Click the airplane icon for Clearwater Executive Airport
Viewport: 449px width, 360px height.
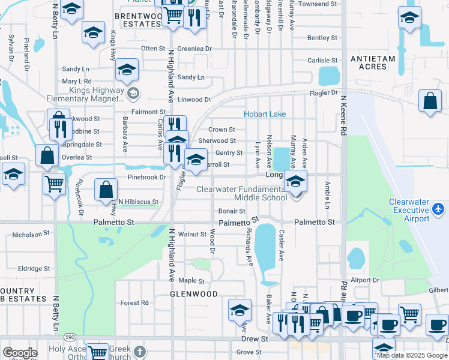[439, 209]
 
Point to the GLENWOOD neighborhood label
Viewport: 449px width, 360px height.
[193, 295]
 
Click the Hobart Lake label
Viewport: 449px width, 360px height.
[264, 114]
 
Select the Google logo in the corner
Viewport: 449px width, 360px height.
[20, 353]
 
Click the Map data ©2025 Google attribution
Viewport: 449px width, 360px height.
[412, 355]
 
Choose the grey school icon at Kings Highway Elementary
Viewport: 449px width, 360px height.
[133, 92]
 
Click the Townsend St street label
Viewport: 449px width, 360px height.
[318, 4]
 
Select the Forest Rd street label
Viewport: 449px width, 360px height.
[134, 303]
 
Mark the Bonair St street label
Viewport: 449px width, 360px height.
[231, 211]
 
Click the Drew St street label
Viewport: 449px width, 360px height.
[255, 339]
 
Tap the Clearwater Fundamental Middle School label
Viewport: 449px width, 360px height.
[243, 193]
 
